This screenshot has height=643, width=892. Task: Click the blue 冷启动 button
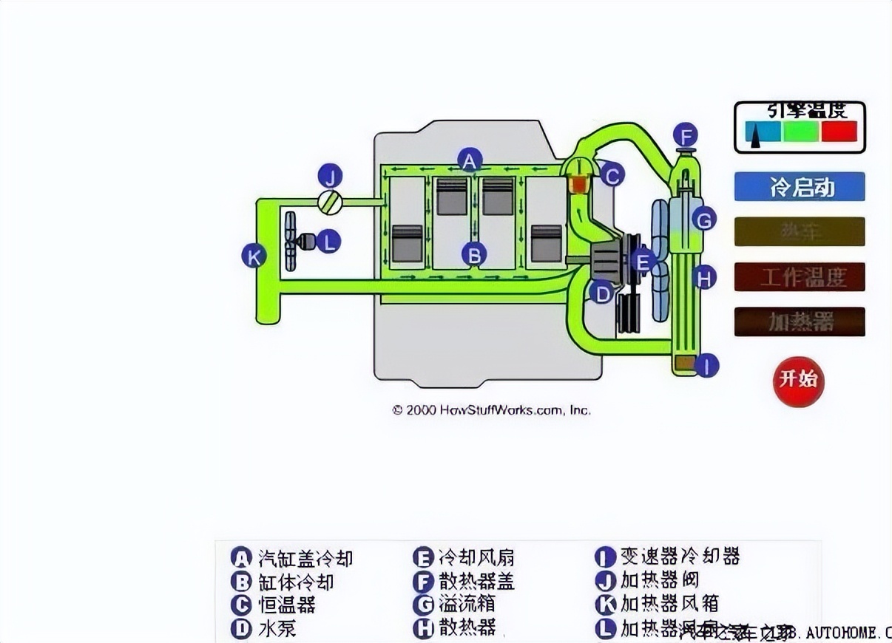[x=799, y=187]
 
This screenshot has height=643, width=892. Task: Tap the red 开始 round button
[x=798, y=379]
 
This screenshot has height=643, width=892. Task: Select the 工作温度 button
[x=799, y=277]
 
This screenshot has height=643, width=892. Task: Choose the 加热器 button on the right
[x=799, y=321]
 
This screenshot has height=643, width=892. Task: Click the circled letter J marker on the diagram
[x=331, y=176]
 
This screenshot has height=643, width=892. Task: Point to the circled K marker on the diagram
[x=254, y=256]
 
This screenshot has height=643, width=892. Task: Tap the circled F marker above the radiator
[x=686, y=137]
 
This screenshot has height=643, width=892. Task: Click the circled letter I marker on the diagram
[x=706, y=365]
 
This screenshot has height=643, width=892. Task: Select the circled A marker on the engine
[x=470, y=160]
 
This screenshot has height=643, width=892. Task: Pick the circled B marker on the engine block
[x=474, y=255]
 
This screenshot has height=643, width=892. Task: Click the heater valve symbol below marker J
[x=329, y=202]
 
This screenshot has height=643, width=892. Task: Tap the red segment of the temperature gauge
[x=839, y=132]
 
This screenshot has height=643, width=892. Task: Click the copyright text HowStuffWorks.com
[x=491, y=409]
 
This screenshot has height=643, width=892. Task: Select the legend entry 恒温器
[x=287, y=605]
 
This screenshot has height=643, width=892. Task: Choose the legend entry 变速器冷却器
[x=680, y=556]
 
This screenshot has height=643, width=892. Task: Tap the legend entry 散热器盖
[x=476, y=581]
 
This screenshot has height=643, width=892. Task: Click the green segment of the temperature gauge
[x=800, y=132]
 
